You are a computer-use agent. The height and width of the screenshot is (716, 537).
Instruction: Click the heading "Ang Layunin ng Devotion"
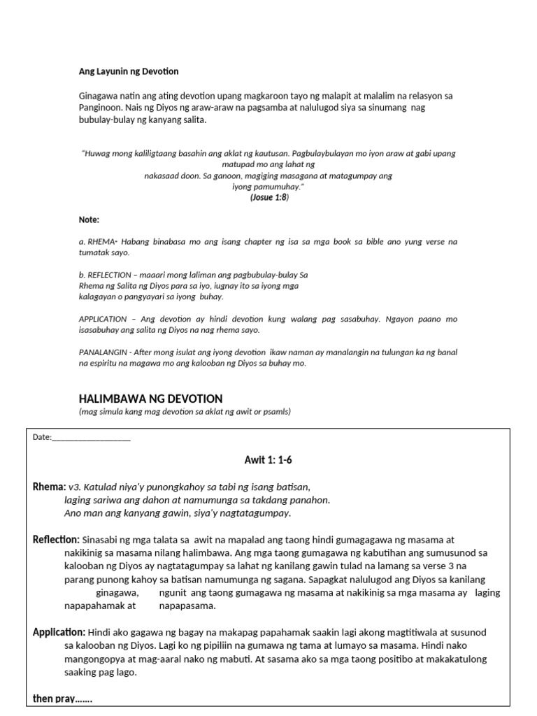[x=129, y=71]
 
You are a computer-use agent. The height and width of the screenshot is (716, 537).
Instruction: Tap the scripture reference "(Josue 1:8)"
[x=269, y=198]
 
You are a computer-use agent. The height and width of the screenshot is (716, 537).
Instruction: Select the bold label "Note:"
[x=89, y=220]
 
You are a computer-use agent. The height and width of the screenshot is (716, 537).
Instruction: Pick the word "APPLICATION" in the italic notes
[x=101, y=319]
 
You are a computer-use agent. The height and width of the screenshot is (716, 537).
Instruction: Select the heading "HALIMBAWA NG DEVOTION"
[x=150, y=399]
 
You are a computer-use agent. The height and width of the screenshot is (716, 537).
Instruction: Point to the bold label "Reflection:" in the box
[x=57, y=540]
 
